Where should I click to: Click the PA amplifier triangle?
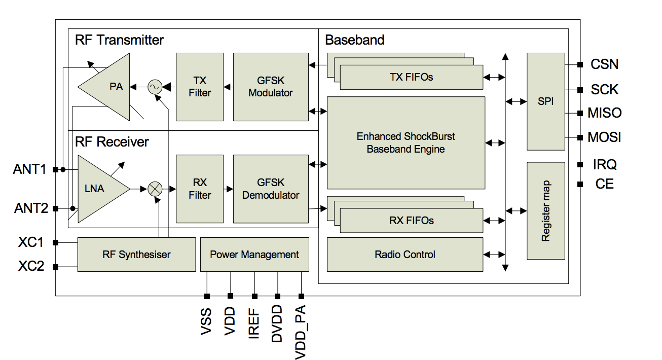click(109, 87)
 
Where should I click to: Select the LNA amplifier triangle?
click(100, 189)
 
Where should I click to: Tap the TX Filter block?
click(200, 87)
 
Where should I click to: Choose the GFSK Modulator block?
click(271, 87)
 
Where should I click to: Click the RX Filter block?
click(200, 189)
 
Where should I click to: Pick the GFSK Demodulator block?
click(271, 189)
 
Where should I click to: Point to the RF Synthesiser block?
click(136, 255)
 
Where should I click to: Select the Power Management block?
click(254, 255)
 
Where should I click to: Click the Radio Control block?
click(405, 255)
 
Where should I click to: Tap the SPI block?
click(546, 101)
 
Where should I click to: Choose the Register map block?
click(546, 211)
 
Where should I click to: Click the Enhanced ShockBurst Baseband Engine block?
click(406, 143)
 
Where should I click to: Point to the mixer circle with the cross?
click(155, 189)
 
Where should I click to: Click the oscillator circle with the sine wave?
click(155, 87)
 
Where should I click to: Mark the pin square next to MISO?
click(580, 113)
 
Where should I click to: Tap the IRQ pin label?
click(605, 165)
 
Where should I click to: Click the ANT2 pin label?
click(31, 208)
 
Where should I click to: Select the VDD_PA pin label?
click(301, 332)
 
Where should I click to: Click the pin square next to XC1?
click(55, 243)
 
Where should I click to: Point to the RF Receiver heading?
click(112, 142)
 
